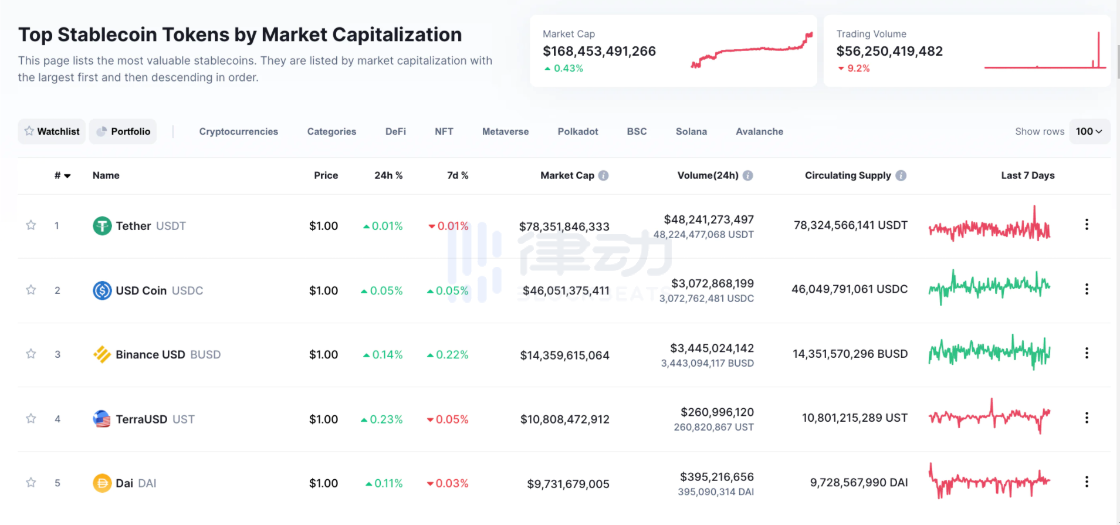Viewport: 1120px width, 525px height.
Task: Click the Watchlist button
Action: click(x=52, y=131)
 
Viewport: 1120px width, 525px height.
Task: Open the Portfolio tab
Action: click(x=123, y=131)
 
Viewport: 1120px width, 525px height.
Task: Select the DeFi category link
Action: click(x=395, y=131)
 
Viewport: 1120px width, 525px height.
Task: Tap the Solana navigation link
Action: click(x=691, y=131)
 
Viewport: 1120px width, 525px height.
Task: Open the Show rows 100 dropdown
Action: click(x=1089, y=131)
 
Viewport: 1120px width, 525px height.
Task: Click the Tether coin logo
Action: click(x=102, y=226)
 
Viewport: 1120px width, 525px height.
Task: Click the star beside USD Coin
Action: click(x=31, y=290)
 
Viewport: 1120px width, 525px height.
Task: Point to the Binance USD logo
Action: click(x=102, y=354)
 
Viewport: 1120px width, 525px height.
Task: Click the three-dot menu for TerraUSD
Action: click(x=1087, y=418)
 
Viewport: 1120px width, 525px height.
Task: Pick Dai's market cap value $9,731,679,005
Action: click(x=568, y=484)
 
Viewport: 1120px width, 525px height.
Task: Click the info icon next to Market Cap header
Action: click(x=604, y=175)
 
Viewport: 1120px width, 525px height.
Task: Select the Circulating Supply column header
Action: click(x=847, y=175)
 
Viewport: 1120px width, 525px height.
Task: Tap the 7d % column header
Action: click(x=458, y=175)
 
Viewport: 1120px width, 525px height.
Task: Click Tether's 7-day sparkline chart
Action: click(x=989, y=225)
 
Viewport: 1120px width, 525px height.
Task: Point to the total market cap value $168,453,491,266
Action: click(x=599, y=51)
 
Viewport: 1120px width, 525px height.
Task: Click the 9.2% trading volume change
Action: click(x=858, y=69)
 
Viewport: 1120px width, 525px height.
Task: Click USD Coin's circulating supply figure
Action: click(x=849, y=289)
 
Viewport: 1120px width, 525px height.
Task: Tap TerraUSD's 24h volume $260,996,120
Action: click(x=717, y=412)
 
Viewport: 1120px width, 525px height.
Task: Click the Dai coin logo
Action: click(x=102, y=483)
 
